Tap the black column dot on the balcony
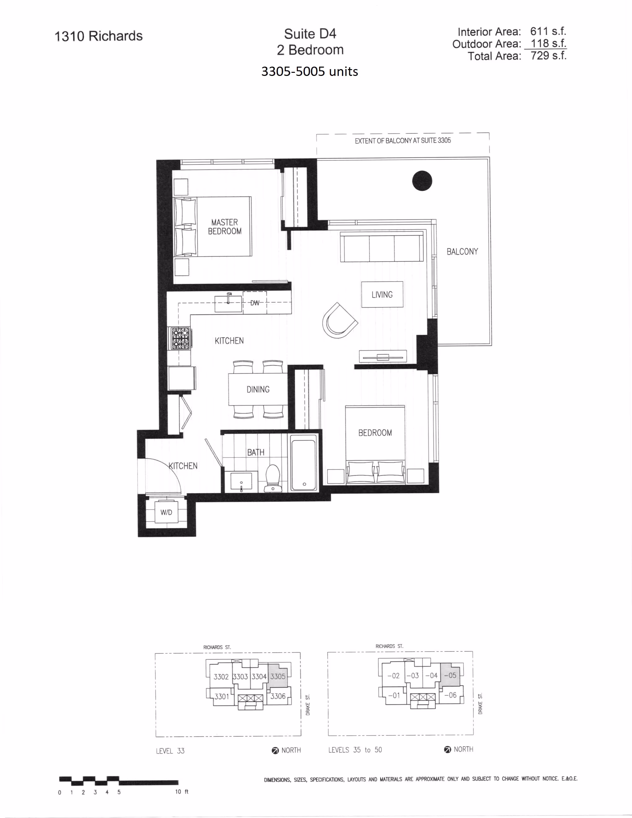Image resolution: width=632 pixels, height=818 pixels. click(422, 181)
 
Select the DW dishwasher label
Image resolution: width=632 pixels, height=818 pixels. click(255, 303)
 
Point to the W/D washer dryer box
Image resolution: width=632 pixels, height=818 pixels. click(166, 512)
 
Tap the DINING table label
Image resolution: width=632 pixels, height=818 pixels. click(258, 389)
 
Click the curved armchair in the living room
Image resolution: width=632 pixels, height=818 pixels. click(340, 321)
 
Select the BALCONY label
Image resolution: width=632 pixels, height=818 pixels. click(463, 252)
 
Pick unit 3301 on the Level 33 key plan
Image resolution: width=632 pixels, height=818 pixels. click(222, 697)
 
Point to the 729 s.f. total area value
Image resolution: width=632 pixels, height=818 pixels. click(548, 55)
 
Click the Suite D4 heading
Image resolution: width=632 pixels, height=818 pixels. click(310, 34)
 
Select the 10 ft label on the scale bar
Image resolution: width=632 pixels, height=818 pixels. click(182, 791)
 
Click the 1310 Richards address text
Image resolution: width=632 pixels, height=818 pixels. click(99, 36)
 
